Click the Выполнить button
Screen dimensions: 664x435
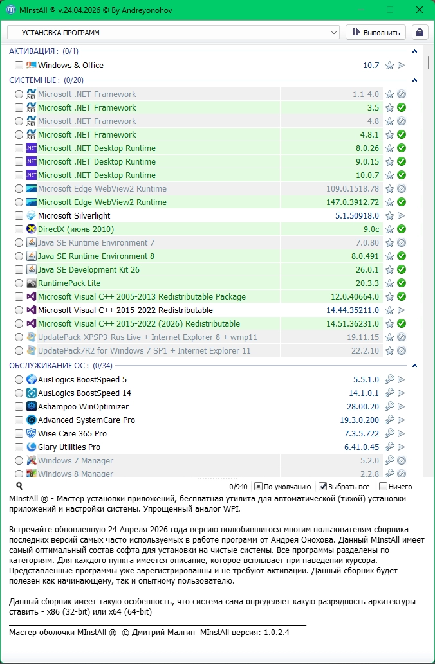click(376, 32)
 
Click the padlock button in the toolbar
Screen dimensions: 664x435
click(420, 32)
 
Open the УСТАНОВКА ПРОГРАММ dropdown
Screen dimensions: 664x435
click(173, 32)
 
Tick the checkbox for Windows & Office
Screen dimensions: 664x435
click(19, 65)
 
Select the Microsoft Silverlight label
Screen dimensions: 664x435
click(74, 215)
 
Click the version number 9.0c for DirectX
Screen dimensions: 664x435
click(371, 229)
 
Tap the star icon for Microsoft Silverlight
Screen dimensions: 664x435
click(389, 216)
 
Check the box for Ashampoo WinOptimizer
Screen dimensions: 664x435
click(19, 406)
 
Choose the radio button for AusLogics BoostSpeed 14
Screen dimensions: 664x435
click(19, 393)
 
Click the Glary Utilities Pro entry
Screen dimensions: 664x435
click(69, 447)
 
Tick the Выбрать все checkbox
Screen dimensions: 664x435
click(323, 487)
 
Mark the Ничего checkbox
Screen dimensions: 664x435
click(384, 487)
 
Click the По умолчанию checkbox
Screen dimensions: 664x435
click(258, 487)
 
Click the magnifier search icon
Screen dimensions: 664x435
click(19, 487)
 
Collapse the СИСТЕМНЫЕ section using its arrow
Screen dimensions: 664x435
click(415, 80)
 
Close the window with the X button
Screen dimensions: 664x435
click(420, 10)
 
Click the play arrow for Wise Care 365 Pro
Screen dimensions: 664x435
click(401, 433)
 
